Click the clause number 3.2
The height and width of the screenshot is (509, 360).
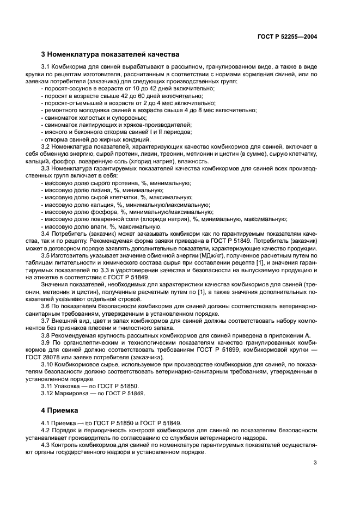coord(48,147)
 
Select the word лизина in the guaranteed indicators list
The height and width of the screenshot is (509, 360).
coord(91,191)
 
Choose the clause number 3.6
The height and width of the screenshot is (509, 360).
coord(48,306)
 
